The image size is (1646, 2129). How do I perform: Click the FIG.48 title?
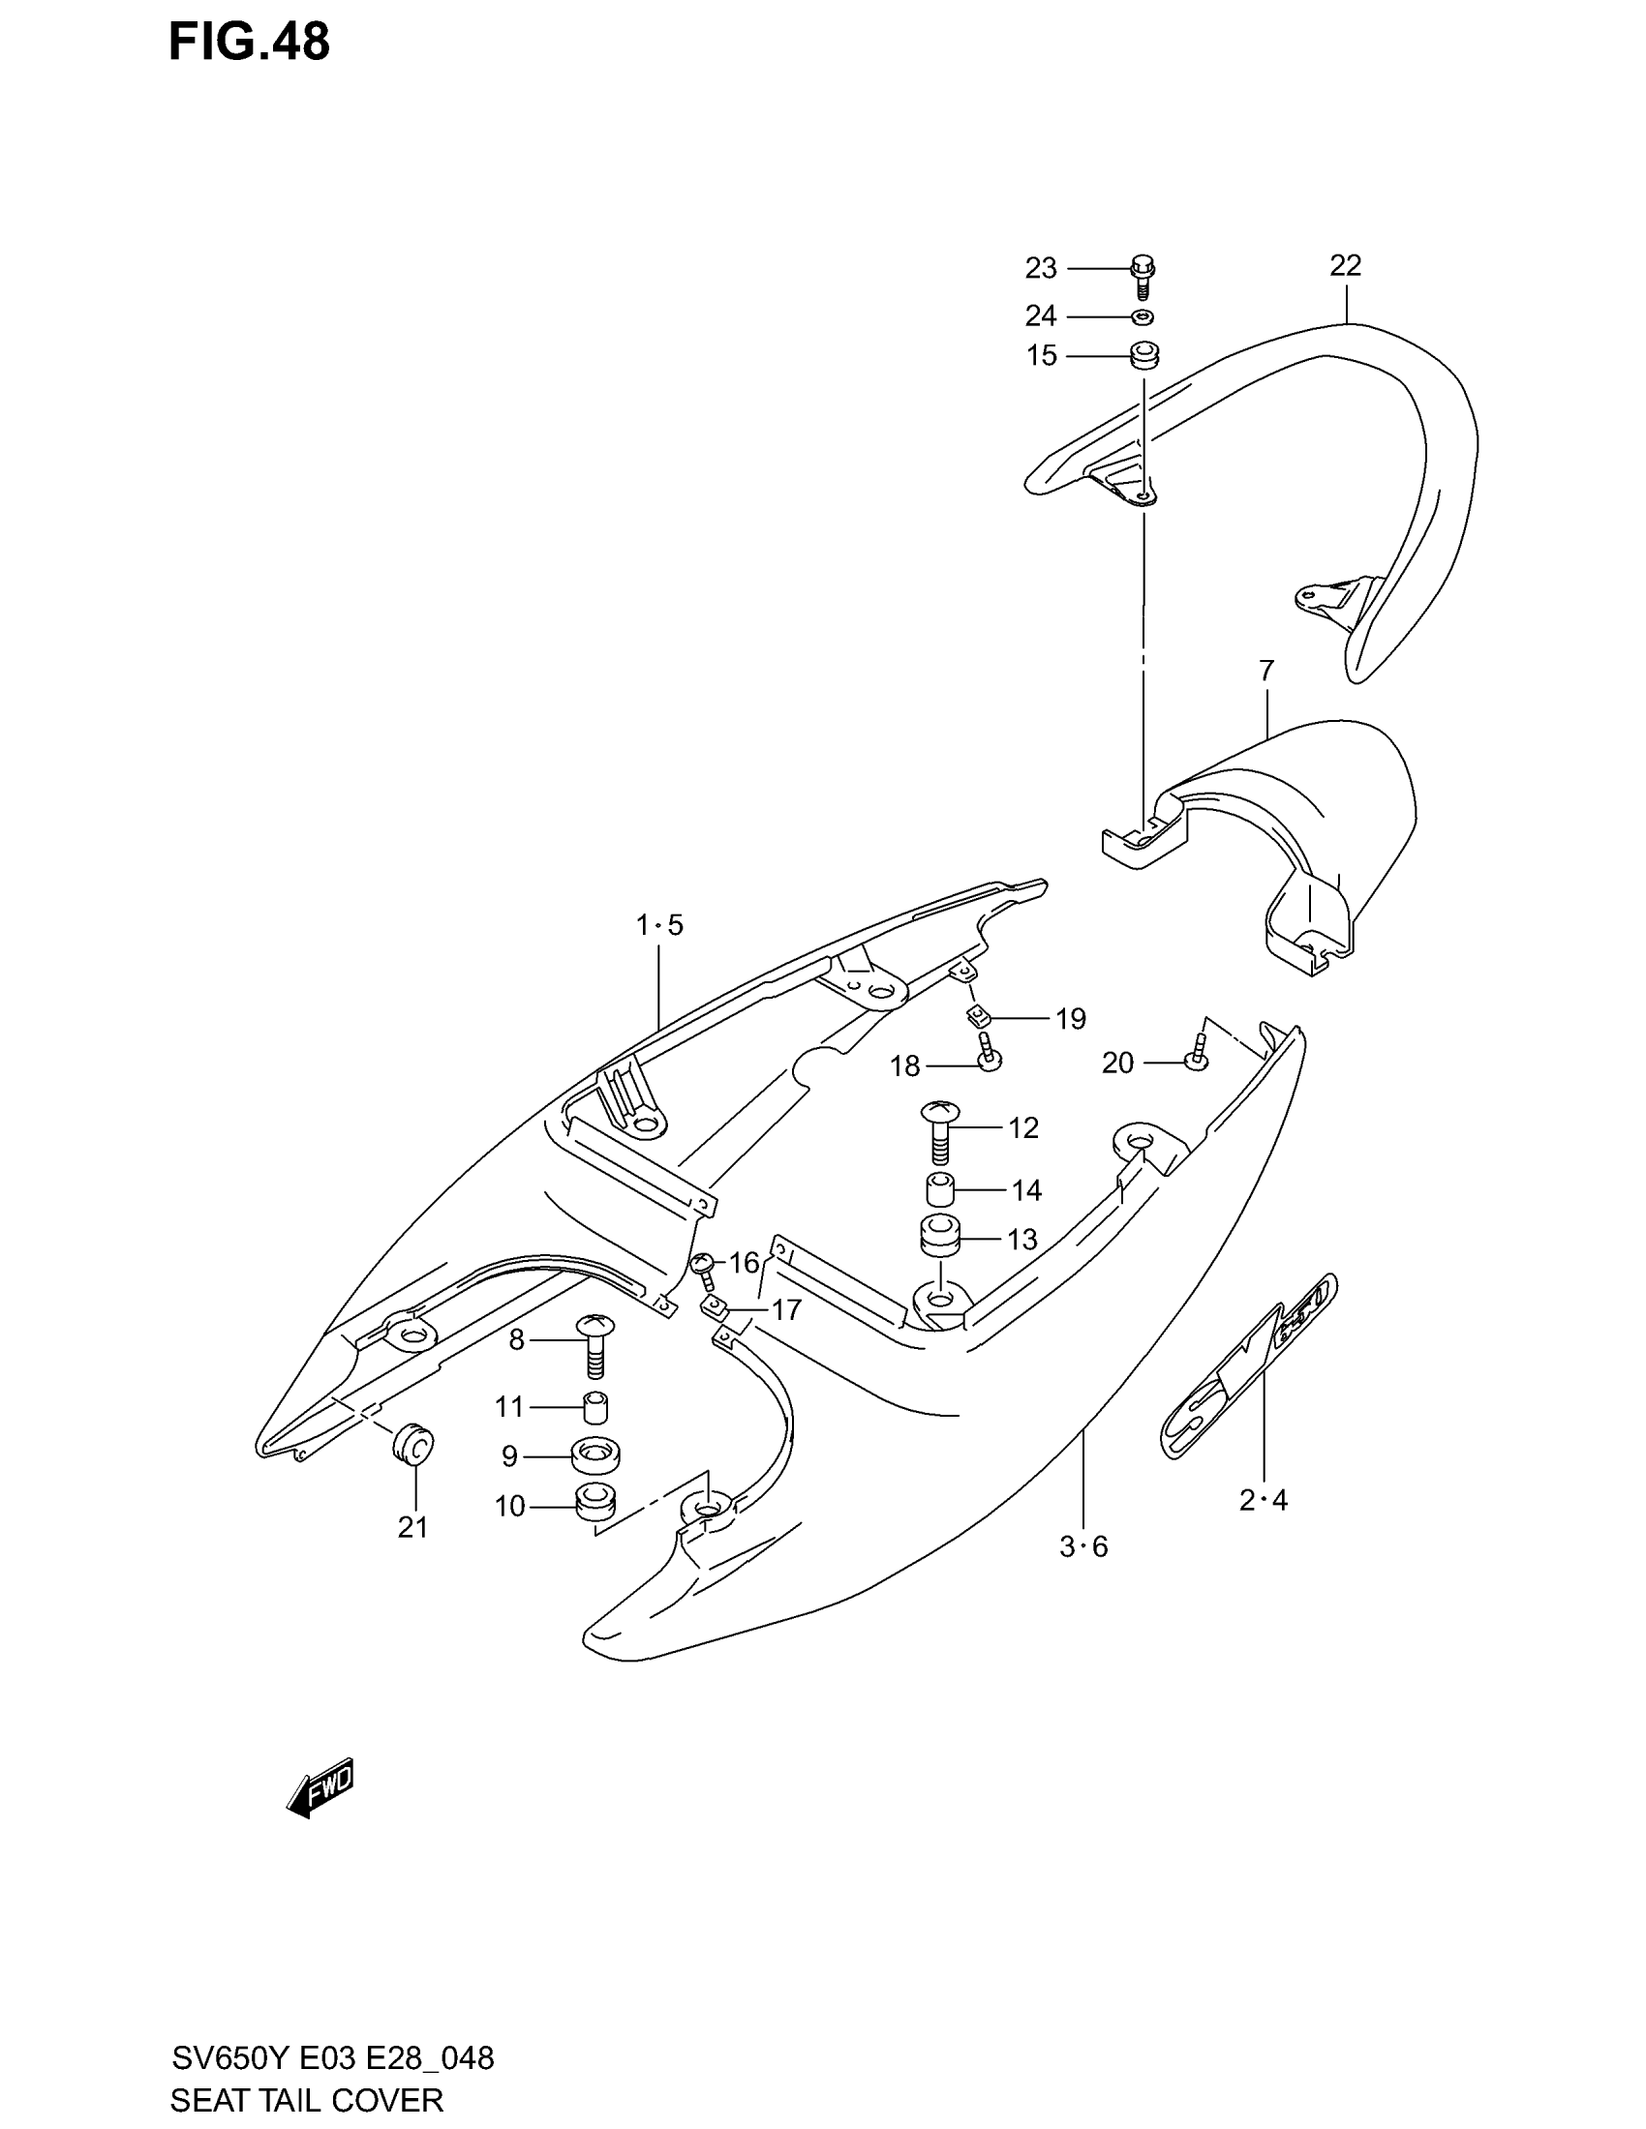pyautogui.click(x=250, y=43)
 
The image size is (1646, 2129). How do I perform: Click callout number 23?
pyautogui.click(x=1041, y=267)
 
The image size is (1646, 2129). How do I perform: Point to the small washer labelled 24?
pyautogui.click(x=1143, y=315)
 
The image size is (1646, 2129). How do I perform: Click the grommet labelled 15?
pyautogui.click(x=1143, y=356)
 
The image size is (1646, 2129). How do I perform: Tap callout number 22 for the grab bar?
pyautogui.click(x=1345, y=265)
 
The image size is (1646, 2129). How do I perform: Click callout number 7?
pyautogui.click(x=1265, y=671)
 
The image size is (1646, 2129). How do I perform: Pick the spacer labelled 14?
pyautogui.click(x=939, y=1190)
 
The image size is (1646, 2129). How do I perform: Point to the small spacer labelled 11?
pyautogui.click(x=595, y=1408)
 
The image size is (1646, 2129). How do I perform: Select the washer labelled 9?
pyautogui.click(x=594, y=1456)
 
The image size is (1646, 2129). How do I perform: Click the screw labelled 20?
pyautogui.click(x=1197, y=1060)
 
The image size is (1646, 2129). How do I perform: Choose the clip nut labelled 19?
pyautogui.click(x=979, y=1018)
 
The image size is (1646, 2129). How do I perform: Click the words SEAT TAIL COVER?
pyautogui.click(x=306, y=2099)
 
